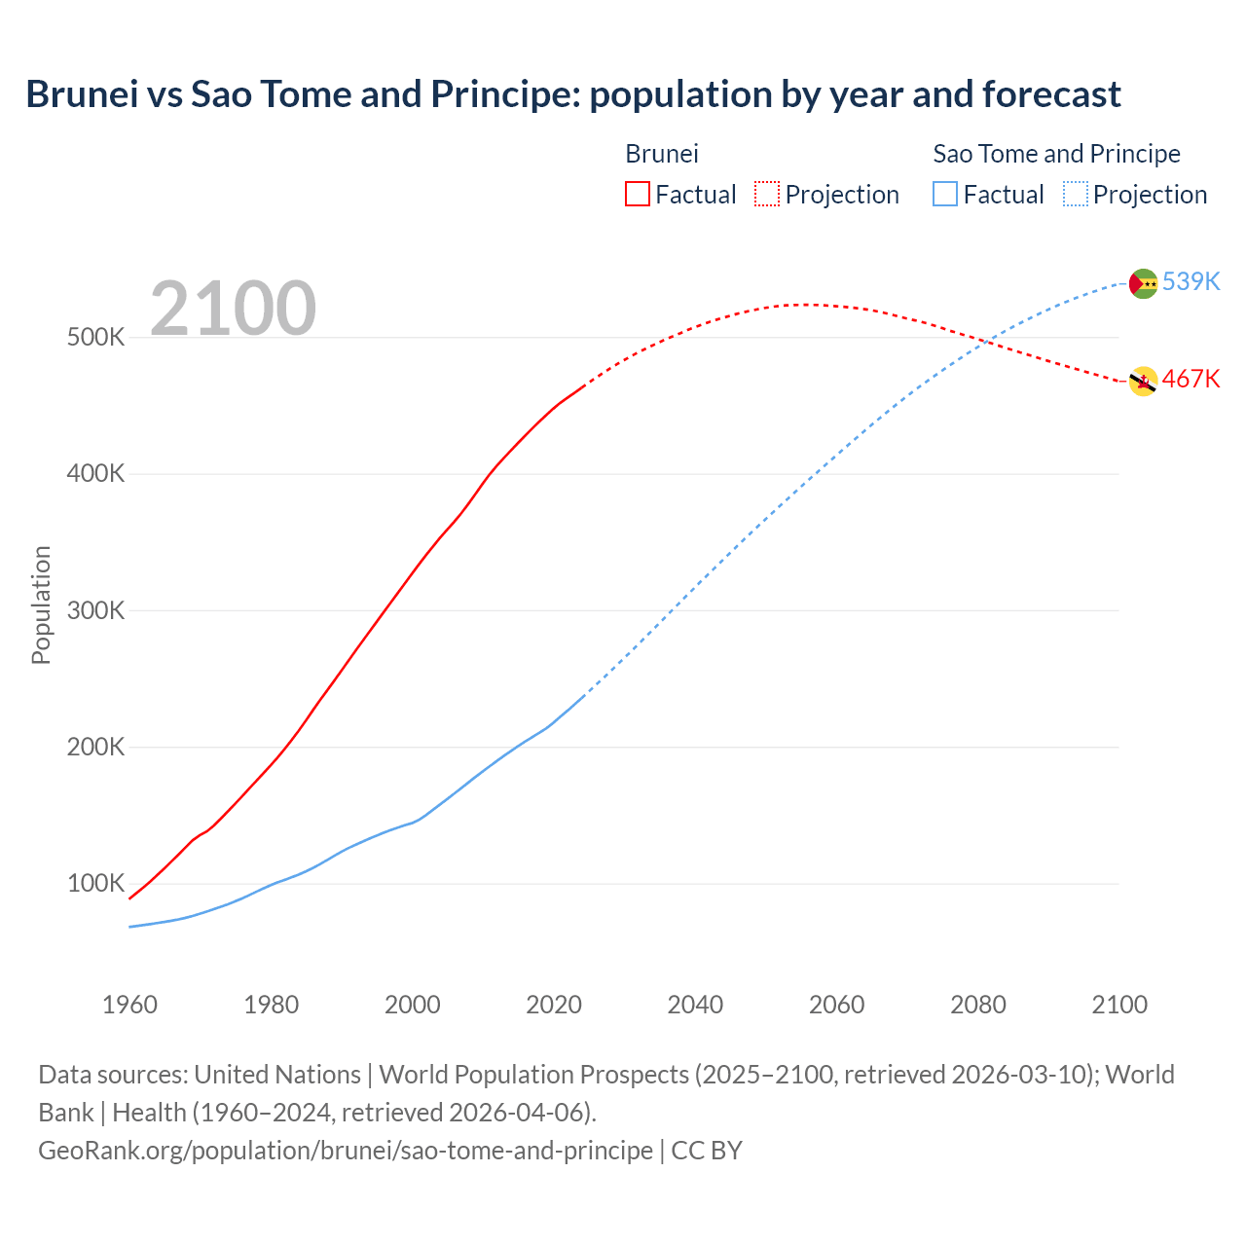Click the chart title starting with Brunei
pos(573,94)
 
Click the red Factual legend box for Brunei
pos(637,194)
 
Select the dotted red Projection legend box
pos(767,194)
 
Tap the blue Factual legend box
pos(944,194)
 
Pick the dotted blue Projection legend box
pos(1075,194)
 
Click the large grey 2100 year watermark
pos(233,309)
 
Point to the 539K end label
pos(1191,281)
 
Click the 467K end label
pos(1191,379)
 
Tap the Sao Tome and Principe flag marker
pos(1143,283)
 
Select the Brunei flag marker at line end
pos(1143,382)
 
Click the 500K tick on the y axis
pos(95,338)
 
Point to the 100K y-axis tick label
pos(95,884)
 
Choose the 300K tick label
pos(95,610)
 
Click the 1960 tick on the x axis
pos(129,1005)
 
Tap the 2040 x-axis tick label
pos(695,1005)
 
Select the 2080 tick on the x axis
pos(977,1005)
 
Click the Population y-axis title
pos(41,605)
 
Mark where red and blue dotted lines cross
pos(987,342)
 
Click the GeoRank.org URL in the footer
pos(346,1150)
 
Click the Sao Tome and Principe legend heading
pos(1056,154)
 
